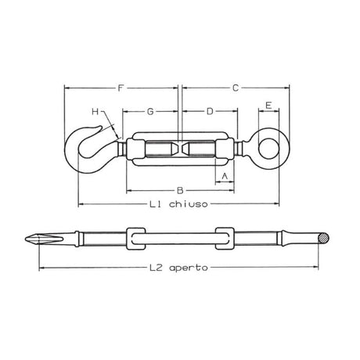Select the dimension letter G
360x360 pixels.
click(150, 110)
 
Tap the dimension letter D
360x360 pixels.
click(209, 110)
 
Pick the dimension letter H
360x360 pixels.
click(95, 113)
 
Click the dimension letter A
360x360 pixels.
click(225, 176)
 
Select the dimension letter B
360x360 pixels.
click(180, 190)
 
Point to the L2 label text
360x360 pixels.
click(157, 267)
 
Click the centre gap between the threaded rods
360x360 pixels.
click(182, 147)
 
